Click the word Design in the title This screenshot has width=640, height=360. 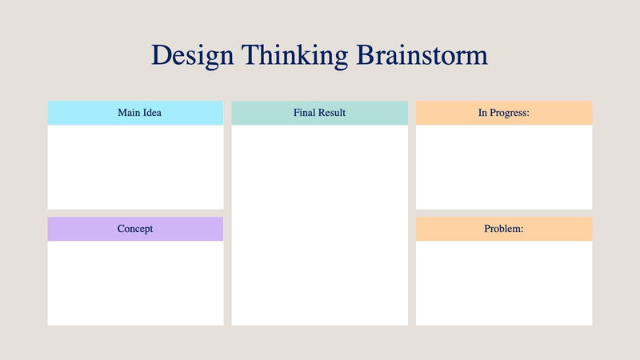click(192, 55)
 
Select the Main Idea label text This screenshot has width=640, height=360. click(139, 113)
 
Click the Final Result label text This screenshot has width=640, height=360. click(319, 113)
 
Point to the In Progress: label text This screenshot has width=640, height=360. click(504, 113)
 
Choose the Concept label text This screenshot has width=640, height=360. click(135, 229)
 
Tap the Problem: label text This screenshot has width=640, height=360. click(504, 229)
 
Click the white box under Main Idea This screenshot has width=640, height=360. click(135, 166)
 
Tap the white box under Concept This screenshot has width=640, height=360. click(135, 282)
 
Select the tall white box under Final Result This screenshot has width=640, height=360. click(319, 224)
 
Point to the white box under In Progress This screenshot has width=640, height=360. click(504, 166)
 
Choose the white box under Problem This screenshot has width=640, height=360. click(504, 282)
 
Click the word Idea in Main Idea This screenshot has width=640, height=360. click(150, 113)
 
